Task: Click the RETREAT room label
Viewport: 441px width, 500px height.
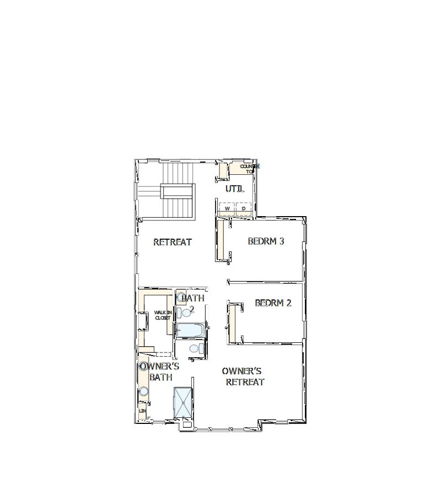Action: point(172,242)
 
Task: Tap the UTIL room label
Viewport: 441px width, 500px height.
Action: point(235,189)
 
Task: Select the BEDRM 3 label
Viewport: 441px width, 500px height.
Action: point(266,241)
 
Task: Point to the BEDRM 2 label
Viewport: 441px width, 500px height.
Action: point(273,303)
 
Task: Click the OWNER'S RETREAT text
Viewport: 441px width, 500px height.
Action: point(245,377)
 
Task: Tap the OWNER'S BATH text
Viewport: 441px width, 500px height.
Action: point(160,372)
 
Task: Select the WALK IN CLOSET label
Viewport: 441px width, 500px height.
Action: point(162,315)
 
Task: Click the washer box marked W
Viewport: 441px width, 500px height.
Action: point(227,208)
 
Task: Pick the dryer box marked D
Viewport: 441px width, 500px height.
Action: point(243,208)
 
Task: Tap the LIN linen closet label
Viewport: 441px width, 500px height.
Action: point(142,411)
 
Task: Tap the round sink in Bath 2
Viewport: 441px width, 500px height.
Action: point(181,297)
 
